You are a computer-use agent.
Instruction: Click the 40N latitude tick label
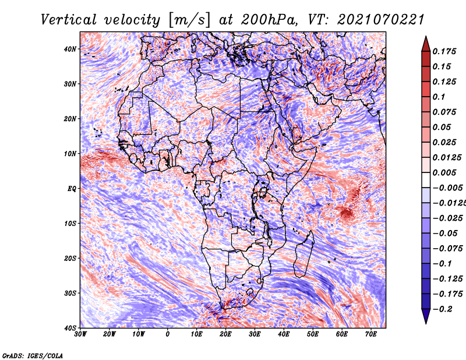click(70, 49)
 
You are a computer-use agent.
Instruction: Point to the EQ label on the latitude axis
click(72, 189)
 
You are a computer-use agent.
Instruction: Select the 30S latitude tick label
click(70, 293)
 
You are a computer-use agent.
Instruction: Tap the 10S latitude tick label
click(70, 223)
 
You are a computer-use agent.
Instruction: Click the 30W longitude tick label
click(80, 334)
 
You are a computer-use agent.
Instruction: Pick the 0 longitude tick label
click(168, 334)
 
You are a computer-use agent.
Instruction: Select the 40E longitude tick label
click(284, 334)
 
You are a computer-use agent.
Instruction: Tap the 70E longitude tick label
click(371, 334)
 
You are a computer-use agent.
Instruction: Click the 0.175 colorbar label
click(444, 51)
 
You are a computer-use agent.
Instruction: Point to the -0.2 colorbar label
click(443, 309)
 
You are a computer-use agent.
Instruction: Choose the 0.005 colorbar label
click(444, 172)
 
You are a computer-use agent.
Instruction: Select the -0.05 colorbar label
click(445, 233)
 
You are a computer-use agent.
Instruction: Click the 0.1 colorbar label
click(439, 97)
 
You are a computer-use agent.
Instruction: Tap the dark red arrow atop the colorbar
click(426, 44)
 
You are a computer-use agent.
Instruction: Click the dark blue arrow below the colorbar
click(426, 316)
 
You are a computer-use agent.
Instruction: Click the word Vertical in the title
click(69, 20)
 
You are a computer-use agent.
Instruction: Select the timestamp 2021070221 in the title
click(380, 20)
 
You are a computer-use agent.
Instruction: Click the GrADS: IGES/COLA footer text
click(33, 355)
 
